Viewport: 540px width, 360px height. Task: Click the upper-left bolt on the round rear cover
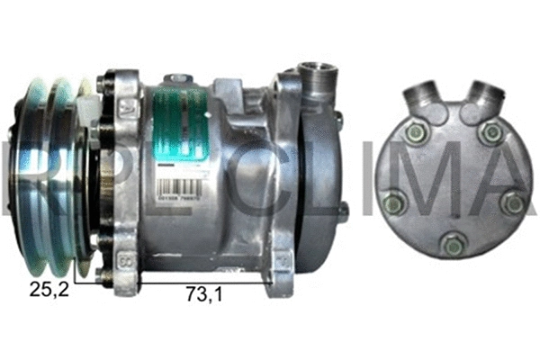(415, 134)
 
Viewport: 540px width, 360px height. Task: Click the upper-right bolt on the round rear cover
(490, 134)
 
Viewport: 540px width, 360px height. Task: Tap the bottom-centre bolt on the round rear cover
(454, 243)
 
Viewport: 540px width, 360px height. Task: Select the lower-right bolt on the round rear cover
(514, 203)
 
